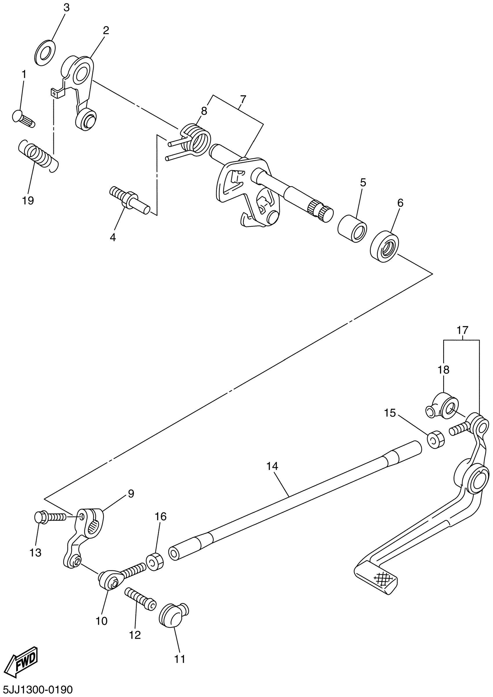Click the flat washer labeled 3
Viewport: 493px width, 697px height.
[x=45, y=52]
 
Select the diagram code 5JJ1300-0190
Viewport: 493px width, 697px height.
[x=37, y=689]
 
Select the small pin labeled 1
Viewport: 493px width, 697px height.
[x=24, y=119]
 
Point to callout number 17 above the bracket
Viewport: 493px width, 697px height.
[x=463, y=330]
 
